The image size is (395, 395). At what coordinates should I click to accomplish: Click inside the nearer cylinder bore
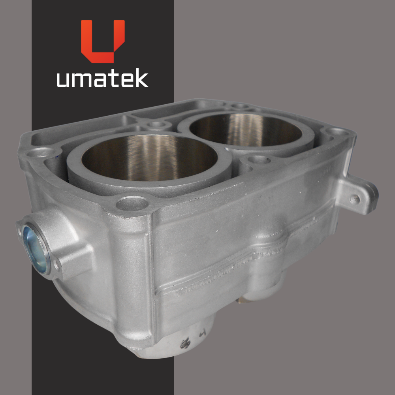[x=150, y=158]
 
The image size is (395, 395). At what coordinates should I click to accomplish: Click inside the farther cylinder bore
[x=246, y=130]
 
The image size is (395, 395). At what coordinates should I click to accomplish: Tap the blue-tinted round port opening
[x=35, y=249]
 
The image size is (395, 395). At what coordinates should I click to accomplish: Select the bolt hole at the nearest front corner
[x=132, y=203]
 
